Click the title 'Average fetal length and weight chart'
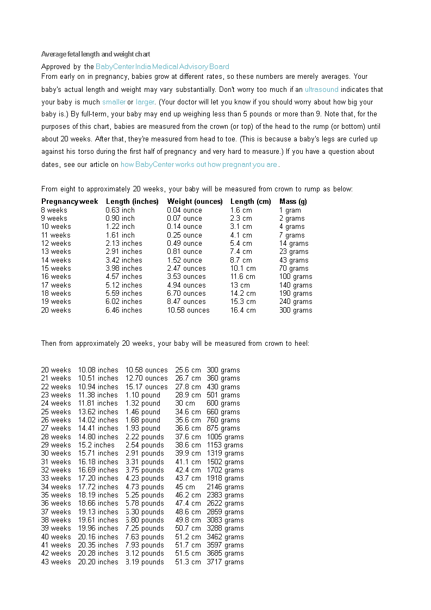pos(96,54)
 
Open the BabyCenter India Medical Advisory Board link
pos(162,67)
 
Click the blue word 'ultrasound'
pos(321,89)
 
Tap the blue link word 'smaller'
pos(114,102)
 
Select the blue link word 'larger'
pos(145,102)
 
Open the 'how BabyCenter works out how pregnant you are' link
pos(199,164)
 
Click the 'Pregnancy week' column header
pos(70,201)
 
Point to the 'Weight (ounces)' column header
pos(195,201)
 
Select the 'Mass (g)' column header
pos(293,201)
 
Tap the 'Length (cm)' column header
pos(251,201)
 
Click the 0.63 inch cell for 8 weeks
pos(120,210)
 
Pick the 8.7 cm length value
pos(241,260)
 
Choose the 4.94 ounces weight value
pos(186,285)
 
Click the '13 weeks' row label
pos(56,252)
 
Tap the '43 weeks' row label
pos(56,562)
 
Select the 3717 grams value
pos(225,562)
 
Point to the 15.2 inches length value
pos(96,445)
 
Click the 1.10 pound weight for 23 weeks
pos(143,395)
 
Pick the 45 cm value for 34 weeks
pos(185,487)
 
